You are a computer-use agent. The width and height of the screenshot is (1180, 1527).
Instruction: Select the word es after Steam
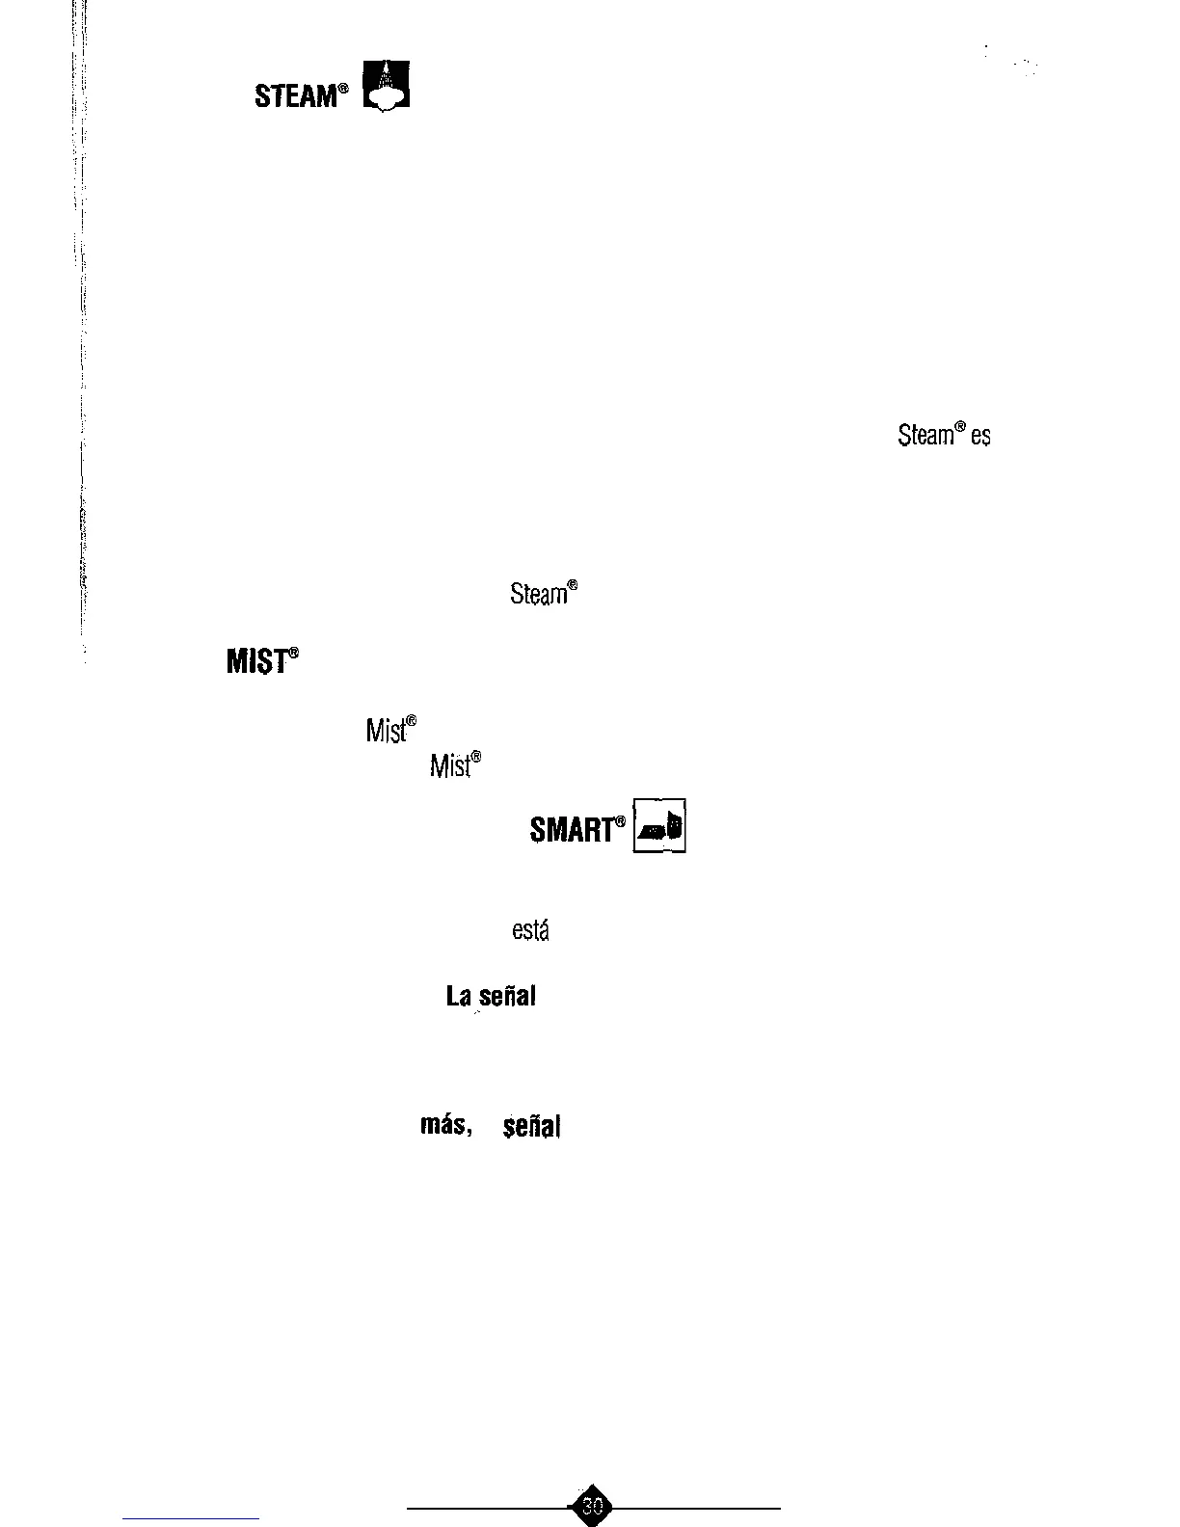981,437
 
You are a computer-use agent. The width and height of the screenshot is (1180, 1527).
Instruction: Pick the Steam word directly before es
925,436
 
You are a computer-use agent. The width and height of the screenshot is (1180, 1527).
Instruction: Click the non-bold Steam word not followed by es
538,595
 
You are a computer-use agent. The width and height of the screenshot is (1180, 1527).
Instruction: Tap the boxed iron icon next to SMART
659,826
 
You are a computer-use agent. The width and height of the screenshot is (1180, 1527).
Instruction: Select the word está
529,930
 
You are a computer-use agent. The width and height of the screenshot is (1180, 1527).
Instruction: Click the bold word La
457,997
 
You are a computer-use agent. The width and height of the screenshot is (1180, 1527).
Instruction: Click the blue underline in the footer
191,1518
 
